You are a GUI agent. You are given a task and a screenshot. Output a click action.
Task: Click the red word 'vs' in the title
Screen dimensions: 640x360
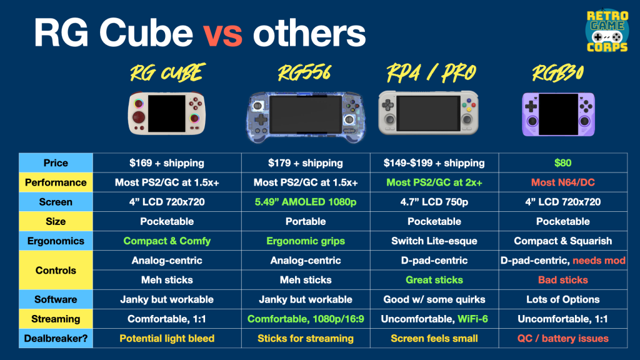(x=223, y=34)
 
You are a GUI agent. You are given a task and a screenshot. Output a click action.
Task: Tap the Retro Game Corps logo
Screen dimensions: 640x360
(x=607, y=31)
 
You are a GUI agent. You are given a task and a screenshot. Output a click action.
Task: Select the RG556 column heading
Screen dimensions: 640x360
(x=304, y=73)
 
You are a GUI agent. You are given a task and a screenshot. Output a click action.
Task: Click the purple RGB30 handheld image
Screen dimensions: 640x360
(x=558, y=114)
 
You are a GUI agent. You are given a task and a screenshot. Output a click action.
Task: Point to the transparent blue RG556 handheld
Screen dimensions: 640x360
(x=305, y=117)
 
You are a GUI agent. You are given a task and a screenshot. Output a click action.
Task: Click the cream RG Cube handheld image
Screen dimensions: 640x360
(x=166, y=113)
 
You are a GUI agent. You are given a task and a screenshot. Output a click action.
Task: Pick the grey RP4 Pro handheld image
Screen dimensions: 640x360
(x=428, y=112)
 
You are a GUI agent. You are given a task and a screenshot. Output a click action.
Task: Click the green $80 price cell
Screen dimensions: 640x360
(x=563, y=163)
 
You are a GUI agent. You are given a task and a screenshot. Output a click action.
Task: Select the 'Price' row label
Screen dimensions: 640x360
(x=56, y=163)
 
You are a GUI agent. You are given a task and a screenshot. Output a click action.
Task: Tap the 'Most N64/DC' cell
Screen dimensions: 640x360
(x=563, y=182)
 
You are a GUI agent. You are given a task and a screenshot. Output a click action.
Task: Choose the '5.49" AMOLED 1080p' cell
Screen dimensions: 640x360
(x=306, y=202)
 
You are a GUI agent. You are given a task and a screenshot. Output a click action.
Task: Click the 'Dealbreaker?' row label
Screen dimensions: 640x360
(x=56, y=338)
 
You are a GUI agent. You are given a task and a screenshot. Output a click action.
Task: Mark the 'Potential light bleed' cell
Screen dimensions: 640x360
(x=167, y=338)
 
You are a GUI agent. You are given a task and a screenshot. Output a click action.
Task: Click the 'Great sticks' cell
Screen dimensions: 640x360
(x=434, y=280)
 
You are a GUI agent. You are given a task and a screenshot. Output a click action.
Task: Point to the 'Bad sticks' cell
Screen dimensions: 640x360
(x=563, y=280)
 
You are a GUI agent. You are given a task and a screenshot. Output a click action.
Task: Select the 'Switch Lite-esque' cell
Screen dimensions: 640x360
(x=434, y=241)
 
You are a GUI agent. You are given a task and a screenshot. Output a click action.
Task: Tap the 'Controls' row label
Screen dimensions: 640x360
(x=56, y=270)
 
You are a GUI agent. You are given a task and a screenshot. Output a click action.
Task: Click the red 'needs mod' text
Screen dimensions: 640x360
(x=599, y=261)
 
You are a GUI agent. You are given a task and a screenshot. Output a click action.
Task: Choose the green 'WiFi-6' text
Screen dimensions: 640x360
(x=472, y=319)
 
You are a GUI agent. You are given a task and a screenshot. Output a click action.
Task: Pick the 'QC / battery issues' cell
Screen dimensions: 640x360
(x=563, y=338)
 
